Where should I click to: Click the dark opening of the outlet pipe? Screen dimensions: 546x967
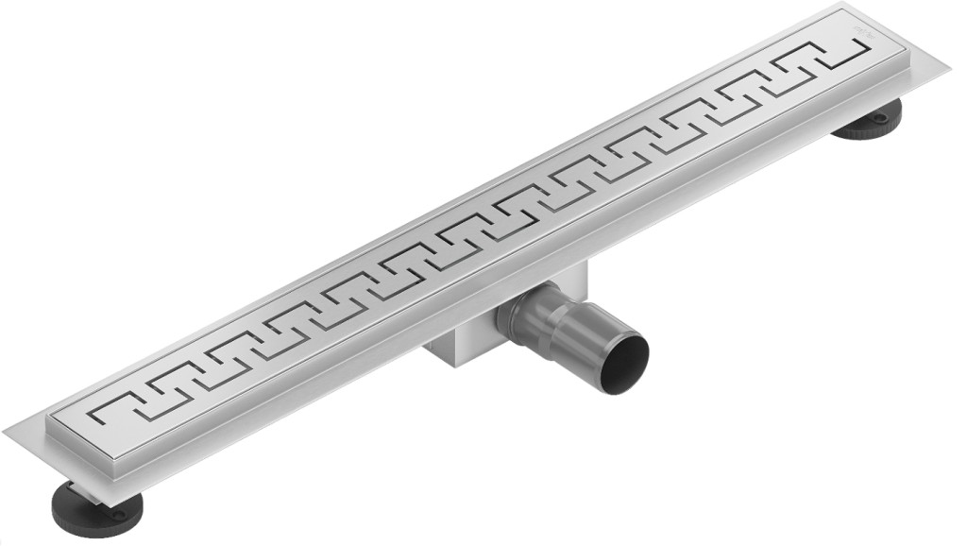click(626, 356)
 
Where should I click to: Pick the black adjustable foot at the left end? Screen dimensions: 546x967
click(94, 510)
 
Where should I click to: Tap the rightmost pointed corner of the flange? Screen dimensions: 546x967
click(948, 67)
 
